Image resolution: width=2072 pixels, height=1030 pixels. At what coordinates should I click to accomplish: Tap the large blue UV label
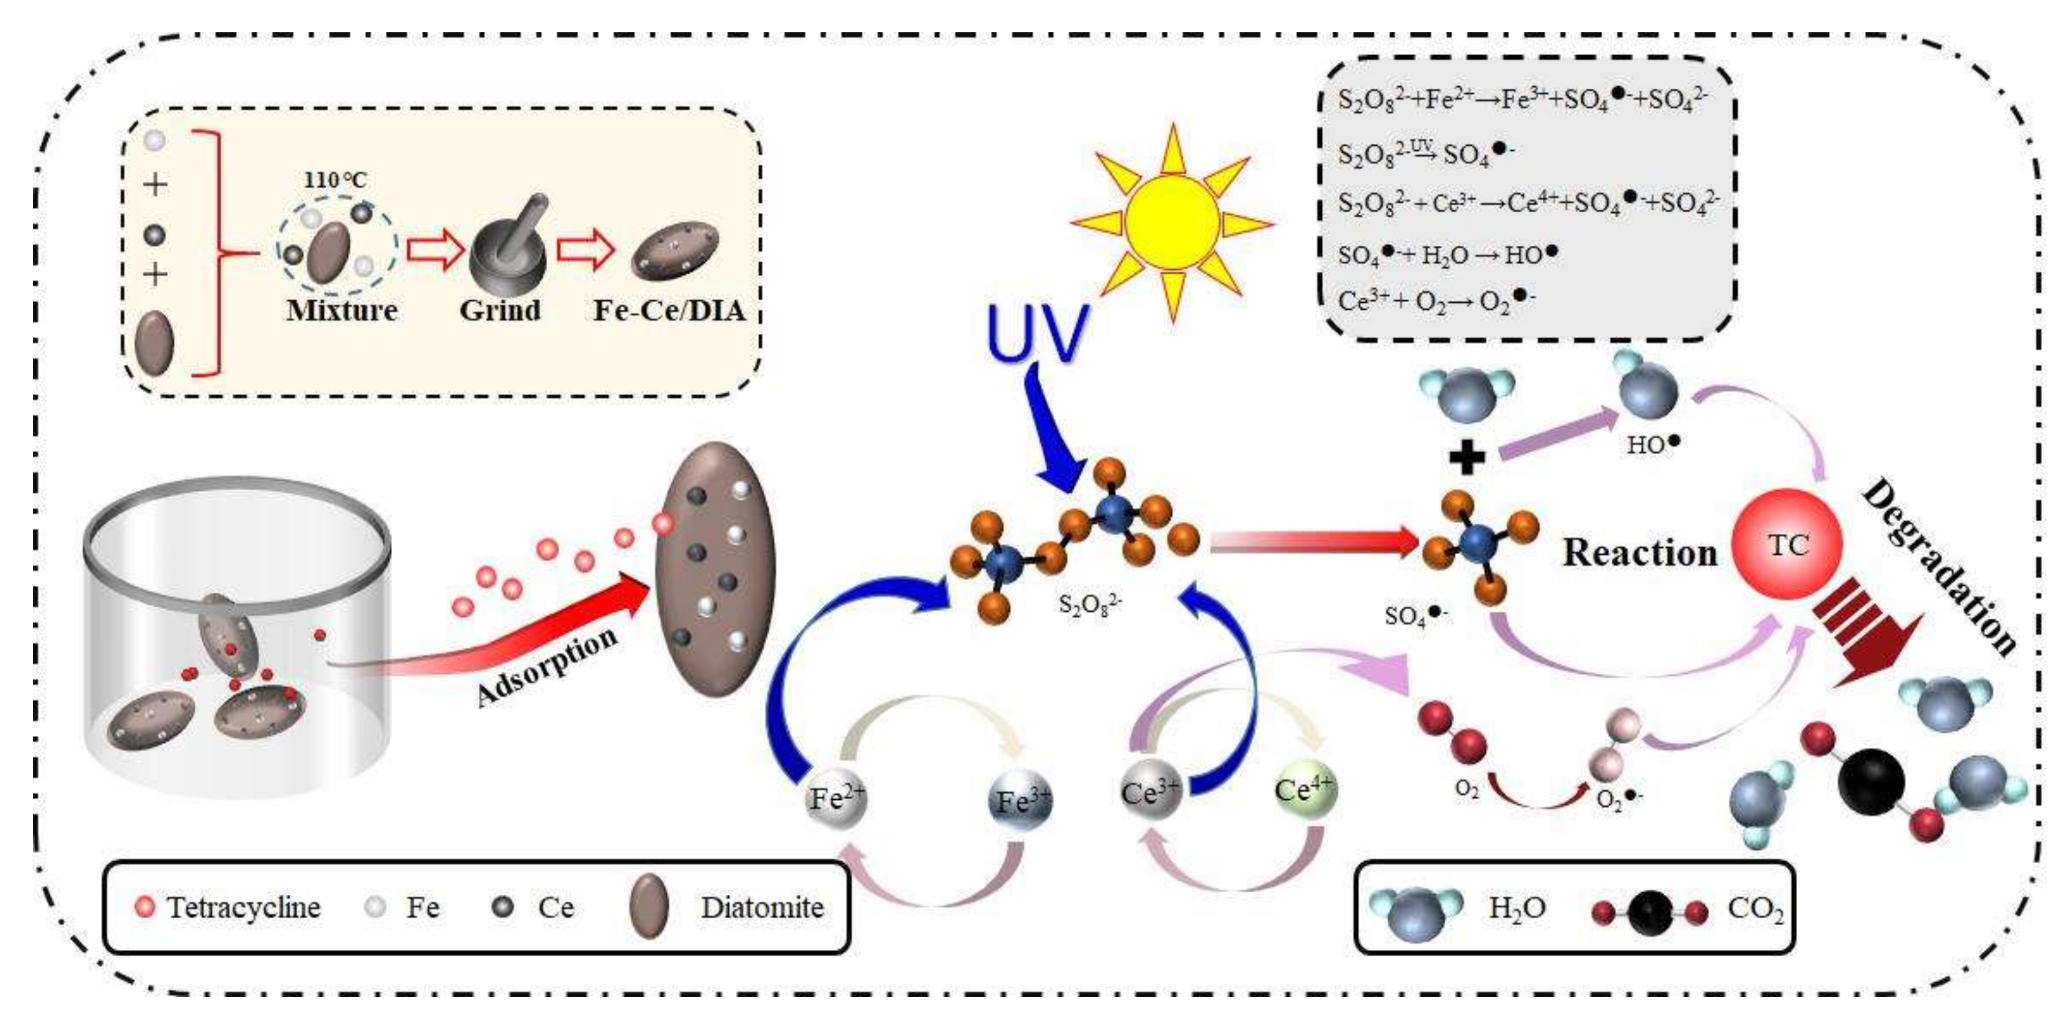click(1038, 333)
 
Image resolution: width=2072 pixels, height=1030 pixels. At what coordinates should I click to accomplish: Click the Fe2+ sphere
click(836, 798)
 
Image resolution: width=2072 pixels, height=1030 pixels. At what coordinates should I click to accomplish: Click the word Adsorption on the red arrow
click(547, 666)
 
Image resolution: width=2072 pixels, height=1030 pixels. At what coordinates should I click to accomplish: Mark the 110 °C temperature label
click(334, 179)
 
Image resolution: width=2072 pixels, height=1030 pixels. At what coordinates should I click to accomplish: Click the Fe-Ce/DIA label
click(669, 311)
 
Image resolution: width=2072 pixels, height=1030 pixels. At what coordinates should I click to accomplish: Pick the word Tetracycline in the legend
click(244, 908)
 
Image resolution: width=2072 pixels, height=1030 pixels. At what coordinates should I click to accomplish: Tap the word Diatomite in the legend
click(762, 908)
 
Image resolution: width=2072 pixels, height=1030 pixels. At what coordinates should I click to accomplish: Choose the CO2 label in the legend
click(1755, 908)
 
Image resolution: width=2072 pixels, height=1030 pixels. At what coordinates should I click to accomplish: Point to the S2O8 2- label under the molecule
click(1090, 604)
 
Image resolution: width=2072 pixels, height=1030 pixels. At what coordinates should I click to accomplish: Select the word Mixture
click(342, 311)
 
